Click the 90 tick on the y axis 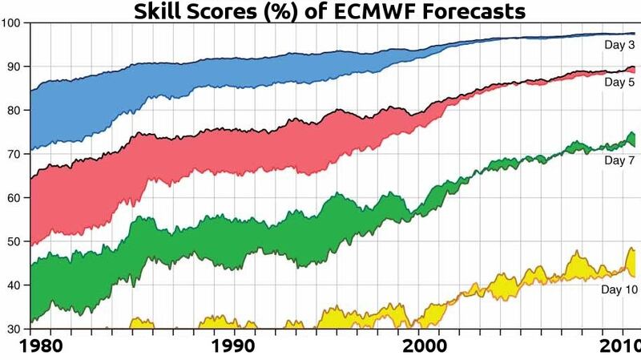pyautogui.click(x=14, y=67)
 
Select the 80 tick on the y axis pyautogui.click(x=14, y=111)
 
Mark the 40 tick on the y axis pyautogui.click(x=14, y=285)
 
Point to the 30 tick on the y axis pyautogui.click(x=14, y=329)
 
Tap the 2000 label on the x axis pyautogui.click(x=425, y=347)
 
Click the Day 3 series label pyautogui.click(x=619, y=46)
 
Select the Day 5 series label pyautogui.click(x=619, y=83)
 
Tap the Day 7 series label pyautogui.click(x=619, y=161)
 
